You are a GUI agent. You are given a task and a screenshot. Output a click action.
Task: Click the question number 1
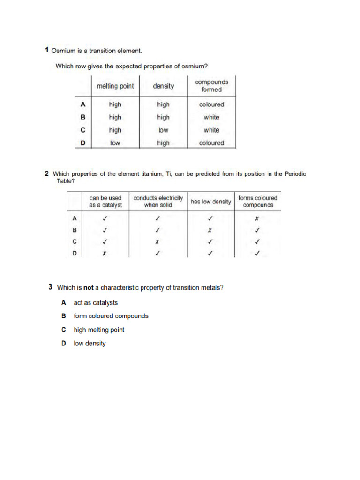coord(46,50)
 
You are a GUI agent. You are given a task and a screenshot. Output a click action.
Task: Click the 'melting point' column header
coord(115,86)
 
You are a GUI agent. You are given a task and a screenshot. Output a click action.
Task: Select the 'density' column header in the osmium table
coord(163,86)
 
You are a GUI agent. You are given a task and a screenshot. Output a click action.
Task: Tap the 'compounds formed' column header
coord(211,86)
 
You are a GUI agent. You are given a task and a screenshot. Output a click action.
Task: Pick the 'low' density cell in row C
coord(163,130)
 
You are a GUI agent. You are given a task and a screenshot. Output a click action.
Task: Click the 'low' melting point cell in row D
coord(115,143)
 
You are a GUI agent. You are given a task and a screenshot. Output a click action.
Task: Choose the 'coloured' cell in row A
coord(211,105)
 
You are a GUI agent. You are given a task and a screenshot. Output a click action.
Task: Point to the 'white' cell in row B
coord(211,117)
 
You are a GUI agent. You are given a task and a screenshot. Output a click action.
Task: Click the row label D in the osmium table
coord(82,143)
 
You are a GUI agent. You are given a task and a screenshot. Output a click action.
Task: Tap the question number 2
coord(46,174)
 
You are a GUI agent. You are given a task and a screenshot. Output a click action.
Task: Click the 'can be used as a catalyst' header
coord(105,202)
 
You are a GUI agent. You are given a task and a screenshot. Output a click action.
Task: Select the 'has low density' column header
coord(210,202)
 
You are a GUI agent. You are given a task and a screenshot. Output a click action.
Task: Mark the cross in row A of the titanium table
coord(257,218)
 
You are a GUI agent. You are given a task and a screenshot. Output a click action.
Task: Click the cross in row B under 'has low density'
coord(210,230)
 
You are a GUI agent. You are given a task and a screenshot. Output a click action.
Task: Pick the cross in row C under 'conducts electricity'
coord(158,242)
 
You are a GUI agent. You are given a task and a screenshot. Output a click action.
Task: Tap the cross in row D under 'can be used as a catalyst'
coord(105,254)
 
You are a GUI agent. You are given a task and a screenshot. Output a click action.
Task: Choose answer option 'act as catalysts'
coord(96,303)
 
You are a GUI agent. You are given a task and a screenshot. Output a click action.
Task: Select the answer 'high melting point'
coord(99,330)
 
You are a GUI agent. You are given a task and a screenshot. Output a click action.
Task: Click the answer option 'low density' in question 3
coord(90,344)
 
